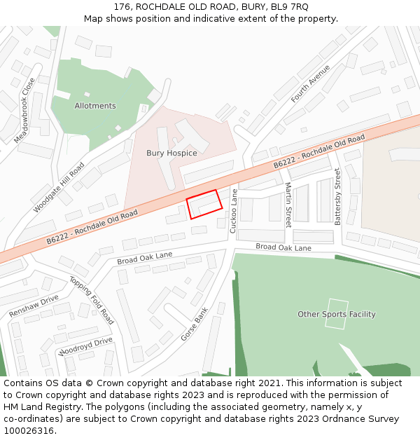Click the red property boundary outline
tap(204, 204)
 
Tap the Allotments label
tap(95, 106)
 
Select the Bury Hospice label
tap(171, 153)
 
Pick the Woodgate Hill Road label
tap(59, 188)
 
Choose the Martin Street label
tap(288, 205)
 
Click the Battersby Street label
tap(337, 196)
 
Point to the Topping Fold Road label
tap(92, 299)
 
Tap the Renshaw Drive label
tap(34, 306)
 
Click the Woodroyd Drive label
tap(86, 345)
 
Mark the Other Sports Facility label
tap(336, 314)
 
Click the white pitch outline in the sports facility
tap(336, 314)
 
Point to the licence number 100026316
tap(30, 430)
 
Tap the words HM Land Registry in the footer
tap(35, 406)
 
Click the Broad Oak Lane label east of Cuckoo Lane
tap(283, 247)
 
